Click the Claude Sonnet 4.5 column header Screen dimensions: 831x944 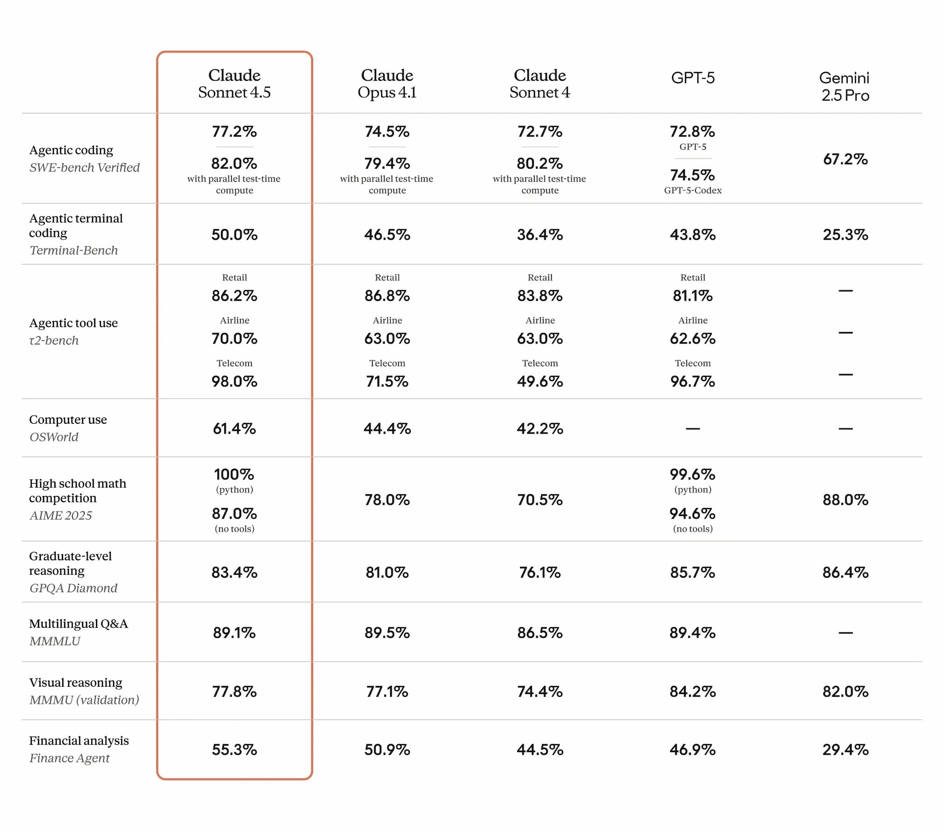point(234,83)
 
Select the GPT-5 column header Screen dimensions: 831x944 point(692,77)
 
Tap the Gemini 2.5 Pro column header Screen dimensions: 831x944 point(845,86)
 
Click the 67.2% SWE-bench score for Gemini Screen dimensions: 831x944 point(845,160)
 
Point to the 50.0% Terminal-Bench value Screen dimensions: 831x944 point(234,235)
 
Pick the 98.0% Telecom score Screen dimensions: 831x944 point(234,381)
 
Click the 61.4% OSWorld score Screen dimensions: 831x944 point(234,429)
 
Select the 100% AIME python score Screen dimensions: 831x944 point(234,474)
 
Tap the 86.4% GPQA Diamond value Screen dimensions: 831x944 point(845,573)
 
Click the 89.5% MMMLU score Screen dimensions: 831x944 point(387,633)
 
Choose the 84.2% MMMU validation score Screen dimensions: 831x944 point(692,691)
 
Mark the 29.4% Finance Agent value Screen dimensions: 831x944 point(845,750)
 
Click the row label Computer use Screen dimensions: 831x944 point(68,420)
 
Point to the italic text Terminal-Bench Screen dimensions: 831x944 point(73,250)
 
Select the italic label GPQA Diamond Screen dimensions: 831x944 point(73,588)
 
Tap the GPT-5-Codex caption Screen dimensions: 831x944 point(692,190)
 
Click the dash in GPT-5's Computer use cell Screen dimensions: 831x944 point(692,429)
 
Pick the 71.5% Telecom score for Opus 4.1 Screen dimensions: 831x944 point(387,381)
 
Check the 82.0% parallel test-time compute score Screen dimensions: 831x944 point(234,164)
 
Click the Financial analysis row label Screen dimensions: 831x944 point(79,741)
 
